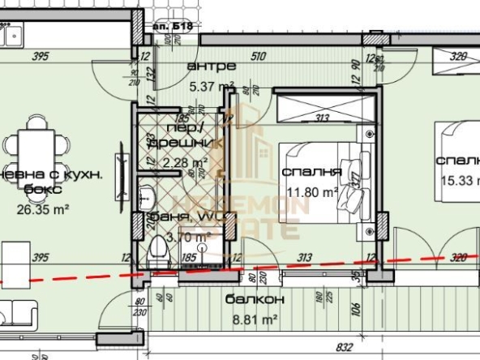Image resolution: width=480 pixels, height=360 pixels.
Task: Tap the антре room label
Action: [x=211, y=66]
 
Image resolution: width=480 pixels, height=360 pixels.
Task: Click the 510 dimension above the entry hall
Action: [x=259, y=57]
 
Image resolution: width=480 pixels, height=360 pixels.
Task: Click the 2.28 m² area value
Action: [x=184, y=163]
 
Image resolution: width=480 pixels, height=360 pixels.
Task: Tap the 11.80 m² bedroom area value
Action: [x=310, y=193]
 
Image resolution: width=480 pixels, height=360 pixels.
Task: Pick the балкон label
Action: [x=243, y=298]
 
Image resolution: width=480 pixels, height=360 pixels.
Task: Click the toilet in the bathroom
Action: [x=159, y=252]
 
